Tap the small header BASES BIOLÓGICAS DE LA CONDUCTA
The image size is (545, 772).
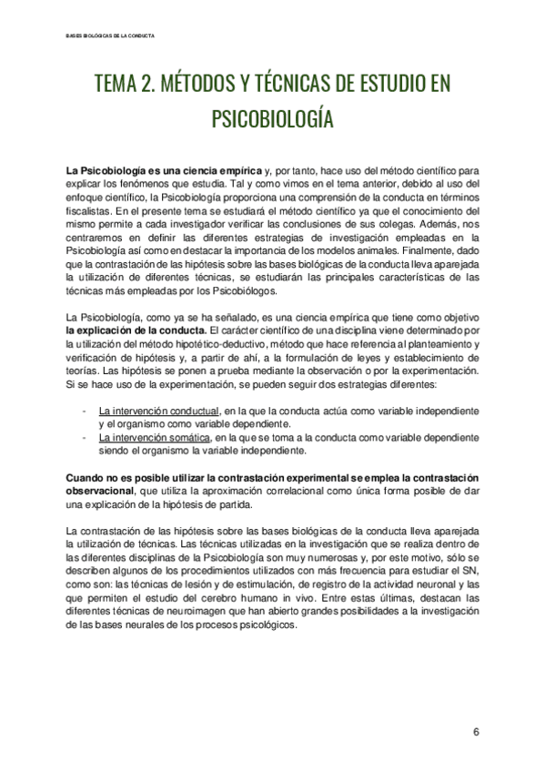pos(110,36)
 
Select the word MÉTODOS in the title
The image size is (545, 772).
pos(196,85)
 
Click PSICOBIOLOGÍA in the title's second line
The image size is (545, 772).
pos(272,119)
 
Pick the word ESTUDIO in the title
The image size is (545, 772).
pos(391,85)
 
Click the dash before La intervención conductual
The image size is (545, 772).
pos(84,410)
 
